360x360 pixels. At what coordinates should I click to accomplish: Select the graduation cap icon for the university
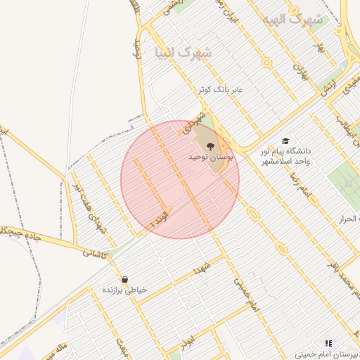(285, 141)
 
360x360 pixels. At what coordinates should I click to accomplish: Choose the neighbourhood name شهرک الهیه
(292, 19)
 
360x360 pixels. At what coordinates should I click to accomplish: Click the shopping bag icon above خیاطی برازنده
(124, 280)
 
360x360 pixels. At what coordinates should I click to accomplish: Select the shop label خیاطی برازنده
(124, 290)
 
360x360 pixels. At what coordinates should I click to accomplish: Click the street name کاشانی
(94, 255)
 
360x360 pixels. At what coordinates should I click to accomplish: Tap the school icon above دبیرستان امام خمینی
(328, 343)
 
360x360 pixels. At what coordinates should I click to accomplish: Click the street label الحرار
(349, 219)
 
